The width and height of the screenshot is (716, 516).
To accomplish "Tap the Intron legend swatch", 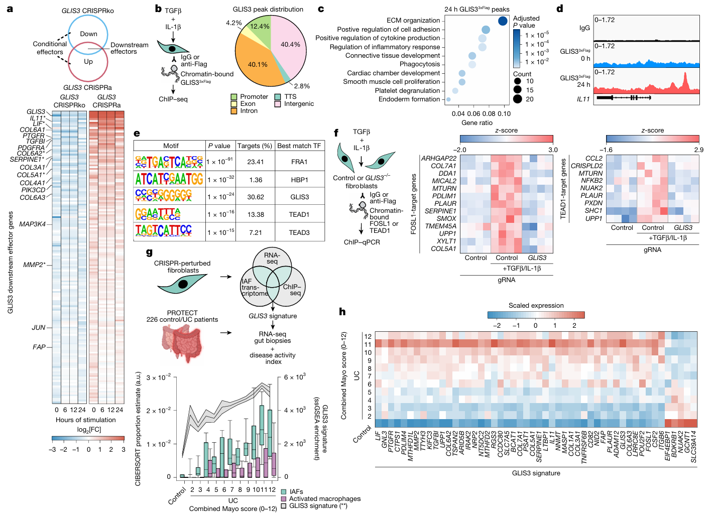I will coord(234,111).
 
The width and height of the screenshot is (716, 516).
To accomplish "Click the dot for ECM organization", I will coord(503,21).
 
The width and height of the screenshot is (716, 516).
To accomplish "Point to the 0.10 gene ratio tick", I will coord(504,114).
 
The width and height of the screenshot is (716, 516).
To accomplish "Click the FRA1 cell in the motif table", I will coord(299,162).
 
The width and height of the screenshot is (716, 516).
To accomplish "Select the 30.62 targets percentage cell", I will coord(256,197).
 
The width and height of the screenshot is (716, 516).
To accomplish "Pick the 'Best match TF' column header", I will coord(299,146).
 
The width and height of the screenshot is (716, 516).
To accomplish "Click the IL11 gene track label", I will coord(583,99).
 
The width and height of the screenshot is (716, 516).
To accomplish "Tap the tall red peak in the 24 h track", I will coord(685,78).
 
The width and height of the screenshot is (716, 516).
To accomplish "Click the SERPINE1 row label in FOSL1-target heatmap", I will coord(440,211).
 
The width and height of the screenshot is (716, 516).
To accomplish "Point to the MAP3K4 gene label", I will coord(32,224).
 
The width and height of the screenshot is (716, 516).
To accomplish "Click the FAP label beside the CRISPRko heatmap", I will coord(39,347).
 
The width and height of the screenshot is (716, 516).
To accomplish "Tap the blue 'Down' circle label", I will coord(89,34).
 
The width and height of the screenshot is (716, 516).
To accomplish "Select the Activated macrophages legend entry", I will coord(324,499).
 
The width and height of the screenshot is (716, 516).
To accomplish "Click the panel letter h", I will coord(342,312).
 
